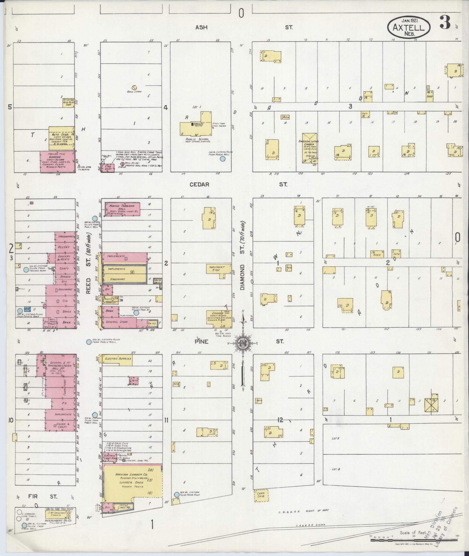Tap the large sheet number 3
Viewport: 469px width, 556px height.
(445, 22)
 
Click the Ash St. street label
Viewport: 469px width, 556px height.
(201, 27)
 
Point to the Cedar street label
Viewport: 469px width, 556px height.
(199, 185)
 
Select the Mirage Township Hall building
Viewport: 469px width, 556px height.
(122, 209)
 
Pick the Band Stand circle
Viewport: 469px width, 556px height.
(134, 87)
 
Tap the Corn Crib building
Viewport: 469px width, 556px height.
(261, 495)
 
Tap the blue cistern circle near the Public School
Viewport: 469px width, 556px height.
(222, 159)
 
